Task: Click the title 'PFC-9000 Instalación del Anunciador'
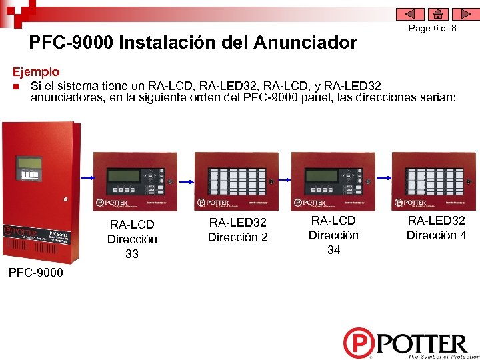(x=193, y=43)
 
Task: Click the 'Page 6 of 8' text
(x=432, y=29)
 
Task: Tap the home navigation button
(x=437, y=14)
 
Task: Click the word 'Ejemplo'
(x=37, y=71)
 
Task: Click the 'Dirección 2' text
(x=237, y=237)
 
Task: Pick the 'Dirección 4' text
(x=437, y=235)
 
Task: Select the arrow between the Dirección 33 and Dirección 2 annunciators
(x=186, y=178)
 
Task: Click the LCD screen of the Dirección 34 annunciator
(x=320, y=175)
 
